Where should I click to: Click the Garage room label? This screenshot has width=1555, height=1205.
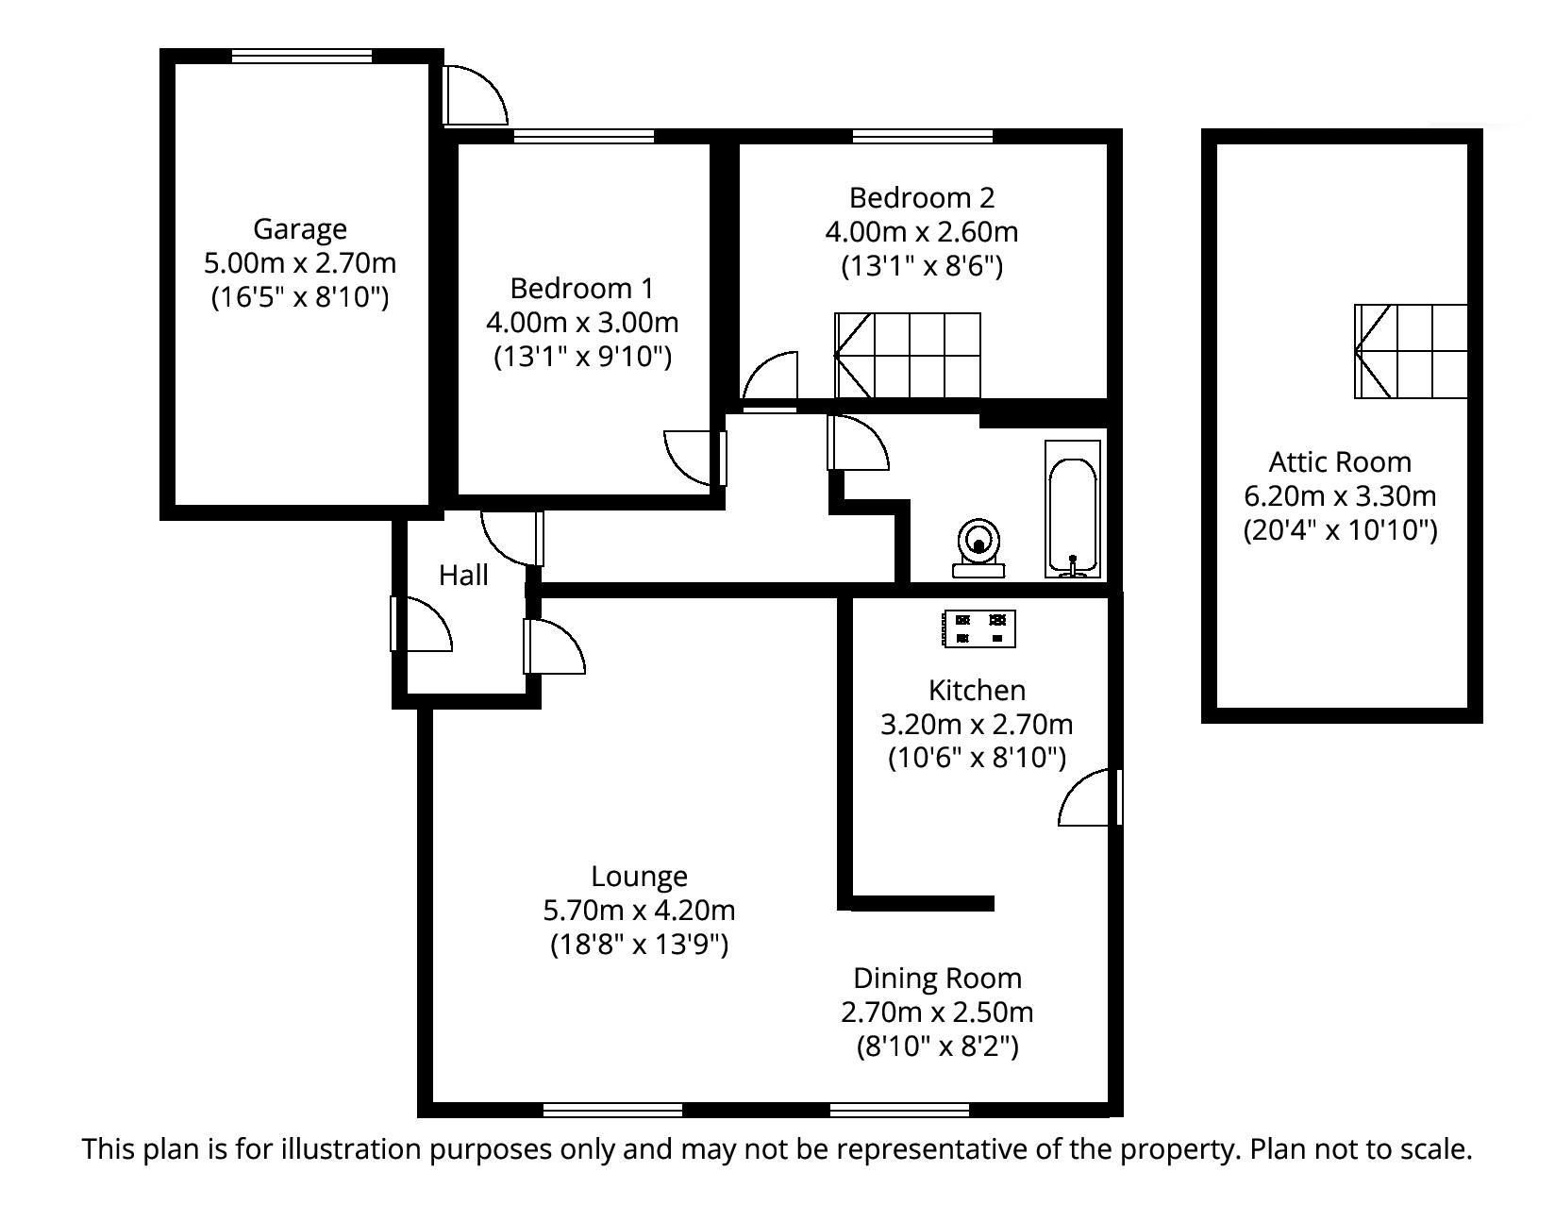click(300, 229)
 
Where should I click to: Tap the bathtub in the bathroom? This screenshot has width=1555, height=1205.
click(1073, 510)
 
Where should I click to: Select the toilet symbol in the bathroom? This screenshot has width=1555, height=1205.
click(978, 546)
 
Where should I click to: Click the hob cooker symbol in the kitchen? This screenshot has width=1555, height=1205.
click(979, 629)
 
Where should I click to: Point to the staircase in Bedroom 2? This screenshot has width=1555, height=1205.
click(908, 356)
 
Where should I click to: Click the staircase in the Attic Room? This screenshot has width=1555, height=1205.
click(1412, 351)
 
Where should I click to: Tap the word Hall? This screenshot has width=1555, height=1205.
click(463, 576)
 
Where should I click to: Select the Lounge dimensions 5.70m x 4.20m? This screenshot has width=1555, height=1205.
click(639, 911)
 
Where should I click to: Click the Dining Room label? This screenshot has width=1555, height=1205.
click(937, 979)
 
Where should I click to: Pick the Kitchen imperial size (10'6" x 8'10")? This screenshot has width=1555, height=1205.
click(977, 758)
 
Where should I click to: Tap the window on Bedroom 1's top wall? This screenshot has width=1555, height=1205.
click(583, 137)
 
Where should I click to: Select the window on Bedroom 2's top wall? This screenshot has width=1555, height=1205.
click(922, 137)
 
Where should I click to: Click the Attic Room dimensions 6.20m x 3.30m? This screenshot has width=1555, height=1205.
click(1340, 496)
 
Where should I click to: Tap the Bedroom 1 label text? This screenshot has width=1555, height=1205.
click(582, 289)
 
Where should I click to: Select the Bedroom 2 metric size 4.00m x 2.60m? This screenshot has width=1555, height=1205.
click(922, 232)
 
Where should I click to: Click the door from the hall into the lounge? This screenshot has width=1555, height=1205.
click(555, 646)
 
